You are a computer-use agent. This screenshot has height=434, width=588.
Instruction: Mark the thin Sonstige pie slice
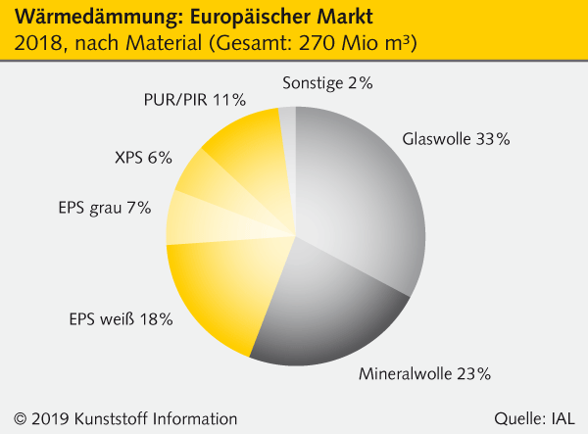(287, 132)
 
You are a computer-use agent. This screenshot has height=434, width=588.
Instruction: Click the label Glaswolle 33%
(456, 139)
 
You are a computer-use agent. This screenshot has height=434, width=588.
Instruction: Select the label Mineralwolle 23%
(424, 373)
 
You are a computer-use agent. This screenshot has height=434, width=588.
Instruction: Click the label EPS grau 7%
(105, 207)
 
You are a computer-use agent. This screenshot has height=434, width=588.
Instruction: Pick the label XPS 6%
(143, 157)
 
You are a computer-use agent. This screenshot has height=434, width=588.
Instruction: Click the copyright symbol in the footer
(19, 417)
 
